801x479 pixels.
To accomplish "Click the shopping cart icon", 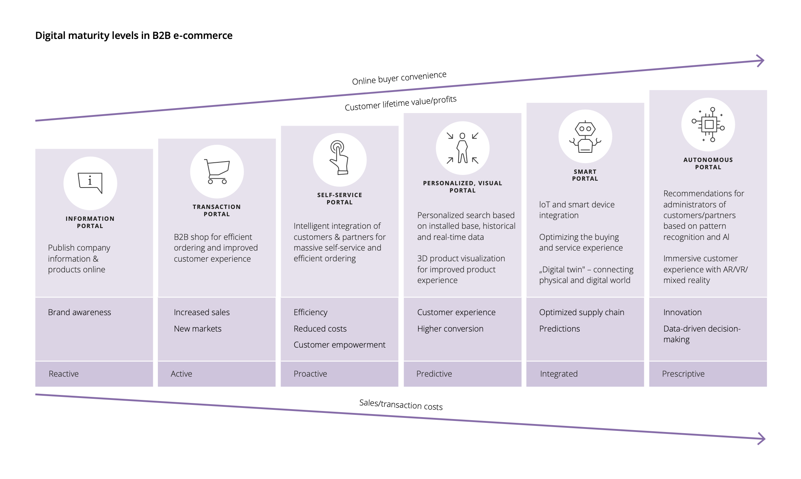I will click(x=217, y=172).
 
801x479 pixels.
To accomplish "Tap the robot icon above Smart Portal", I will click(x=585, y=137).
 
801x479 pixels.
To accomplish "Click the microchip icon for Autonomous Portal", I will click(x=708, y=125).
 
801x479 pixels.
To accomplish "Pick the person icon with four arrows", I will click(x=462, y=148).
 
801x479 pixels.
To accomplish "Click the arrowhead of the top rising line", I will click(x=760, y=61).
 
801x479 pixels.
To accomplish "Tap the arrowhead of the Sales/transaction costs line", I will click(x=761, y=439).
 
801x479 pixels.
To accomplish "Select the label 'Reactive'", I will click(x=63, y=374).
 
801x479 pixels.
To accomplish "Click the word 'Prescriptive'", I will click(x=683, y=374).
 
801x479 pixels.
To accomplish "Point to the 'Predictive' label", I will click(x=434, y=374).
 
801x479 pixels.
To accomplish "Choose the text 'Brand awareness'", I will click(x=79, y=312).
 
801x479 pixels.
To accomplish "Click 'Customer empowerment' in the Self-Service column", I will click(x=339, y=345).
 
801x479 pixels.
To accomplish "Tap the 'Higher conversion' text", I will click(x=450, y=329).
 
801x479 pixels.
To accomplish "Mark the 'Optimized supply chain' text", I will click(x=581, y=312).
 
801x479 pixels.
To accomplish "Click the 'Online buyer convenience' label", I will click(x=399, y=78).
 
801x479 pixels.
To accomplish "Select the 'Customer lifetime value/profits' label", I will click(x=400, y=103).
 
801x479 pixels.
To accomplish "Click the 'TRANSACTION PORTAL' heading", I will click(x=217, y=210).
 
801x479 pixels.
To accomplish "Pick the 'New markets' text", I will click(x=198, y=329).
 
